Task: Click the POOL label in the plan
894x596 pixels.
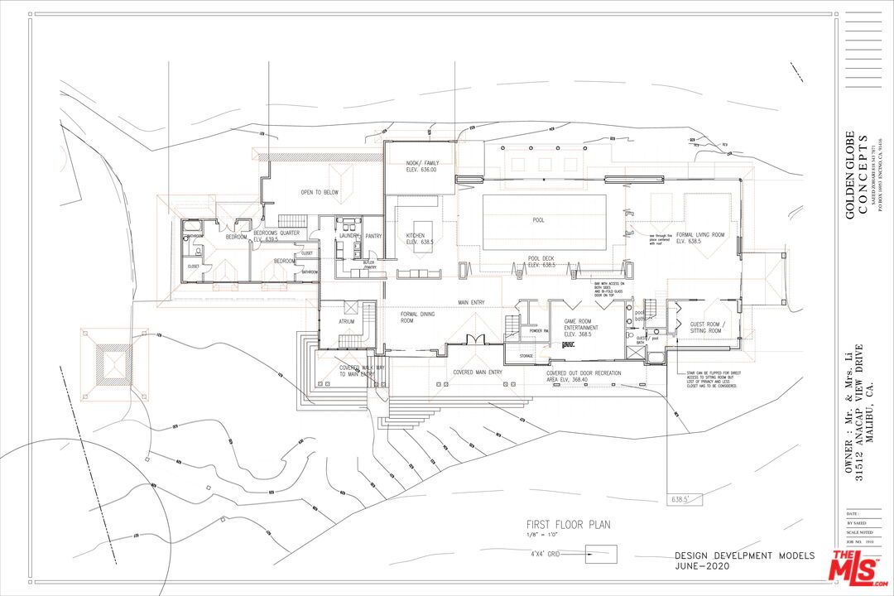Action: tap(539, 220)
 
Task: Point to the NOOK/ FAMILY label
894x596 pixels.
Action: tap(422, 166)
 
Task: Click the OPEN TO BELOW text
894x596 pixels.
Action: tap(319, 192)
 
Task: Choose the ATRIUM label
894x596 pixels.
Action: tap(346, 321)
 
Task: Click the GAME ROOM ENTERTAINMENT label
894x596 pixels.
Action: tap(582, 328)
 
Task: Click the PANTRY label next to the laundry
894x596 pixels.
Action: tap(374, 236)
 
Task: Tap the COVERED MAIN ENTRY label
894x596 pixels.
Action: tap(477, 372)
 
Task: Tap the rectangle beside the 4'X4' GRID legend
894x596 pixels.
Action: tap(601, 554)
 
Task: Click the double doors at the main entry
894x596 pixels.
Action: tap(473, 339)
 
